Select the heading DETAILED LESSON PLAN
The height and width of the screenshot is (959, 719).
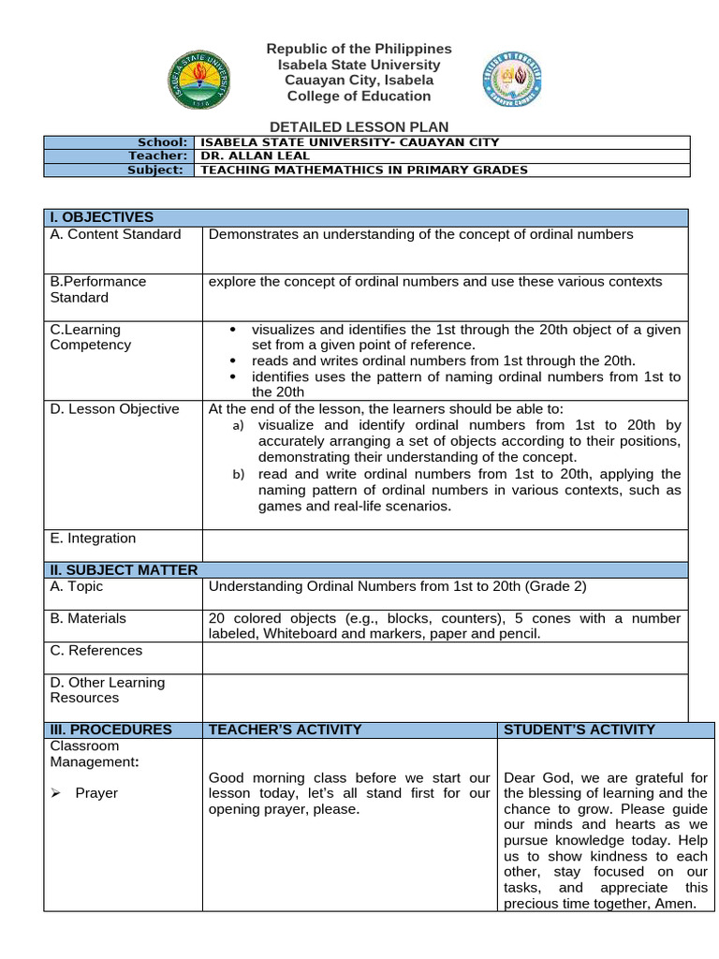click(x=359, y=126)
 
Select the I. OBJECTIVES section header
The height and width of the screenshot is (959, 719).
click(x=101, y=217)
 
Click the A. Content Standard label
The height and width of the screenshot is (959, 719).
click(x=115, y=234)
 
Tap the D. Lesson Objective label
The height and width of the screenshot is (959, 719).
click(x=114, y=409)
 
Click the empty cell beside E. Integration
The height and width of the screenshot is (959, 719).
click(x=445, y=545)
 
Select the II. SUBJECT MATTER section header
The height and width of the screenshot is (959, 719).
click(x=124, y=569)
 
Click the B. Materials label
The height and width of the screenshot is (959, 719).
click(x=88, y=618)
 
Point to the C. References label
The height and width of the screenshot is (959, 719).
click(x=96, y=650)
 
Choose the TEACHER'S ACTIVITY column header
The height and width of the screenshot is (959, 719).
click(x=285, y=730)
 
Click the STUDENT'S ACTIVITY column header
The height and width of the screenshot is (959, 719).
click(x=580, y=730)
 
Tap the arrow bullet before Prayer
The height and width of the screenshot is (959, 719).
click(x=55, y=793)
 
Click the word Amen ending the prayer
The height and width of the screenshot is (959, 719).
click(x=677, y=904)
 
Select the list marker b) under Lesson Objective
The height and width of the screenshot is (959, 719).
click(x=238, y=475)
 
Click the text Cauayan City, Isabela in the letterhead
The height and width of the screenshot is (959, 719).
click(x=359, y=81)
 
